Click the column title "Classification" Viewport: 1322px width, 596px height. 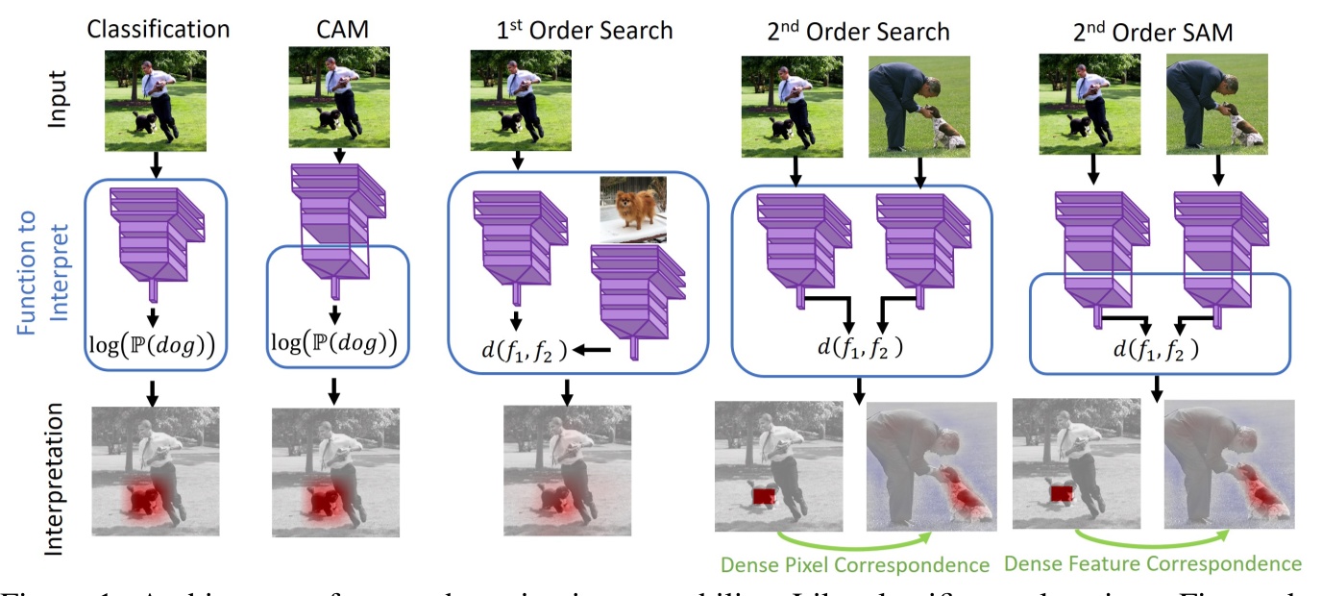(x=159, y=29)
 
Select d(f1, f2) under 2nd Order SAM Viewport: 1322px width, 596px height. (x=1157, y=348)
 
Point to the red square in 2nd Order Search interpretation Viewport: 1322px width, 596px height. (x=765, y=494)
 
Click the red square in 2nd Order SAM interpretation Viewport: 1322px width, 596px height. (x=1061, y=494)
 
